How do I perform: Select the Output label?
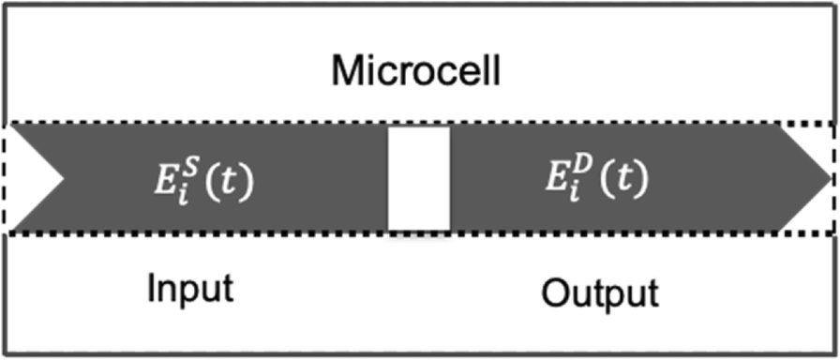click(x=600, y=293)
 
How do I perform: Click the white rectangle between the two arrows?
click(x=419, y=178)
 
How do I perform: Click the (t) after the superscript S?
click(x=231, y=179)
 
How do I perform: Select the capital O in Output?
click(x=555, y=293)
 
